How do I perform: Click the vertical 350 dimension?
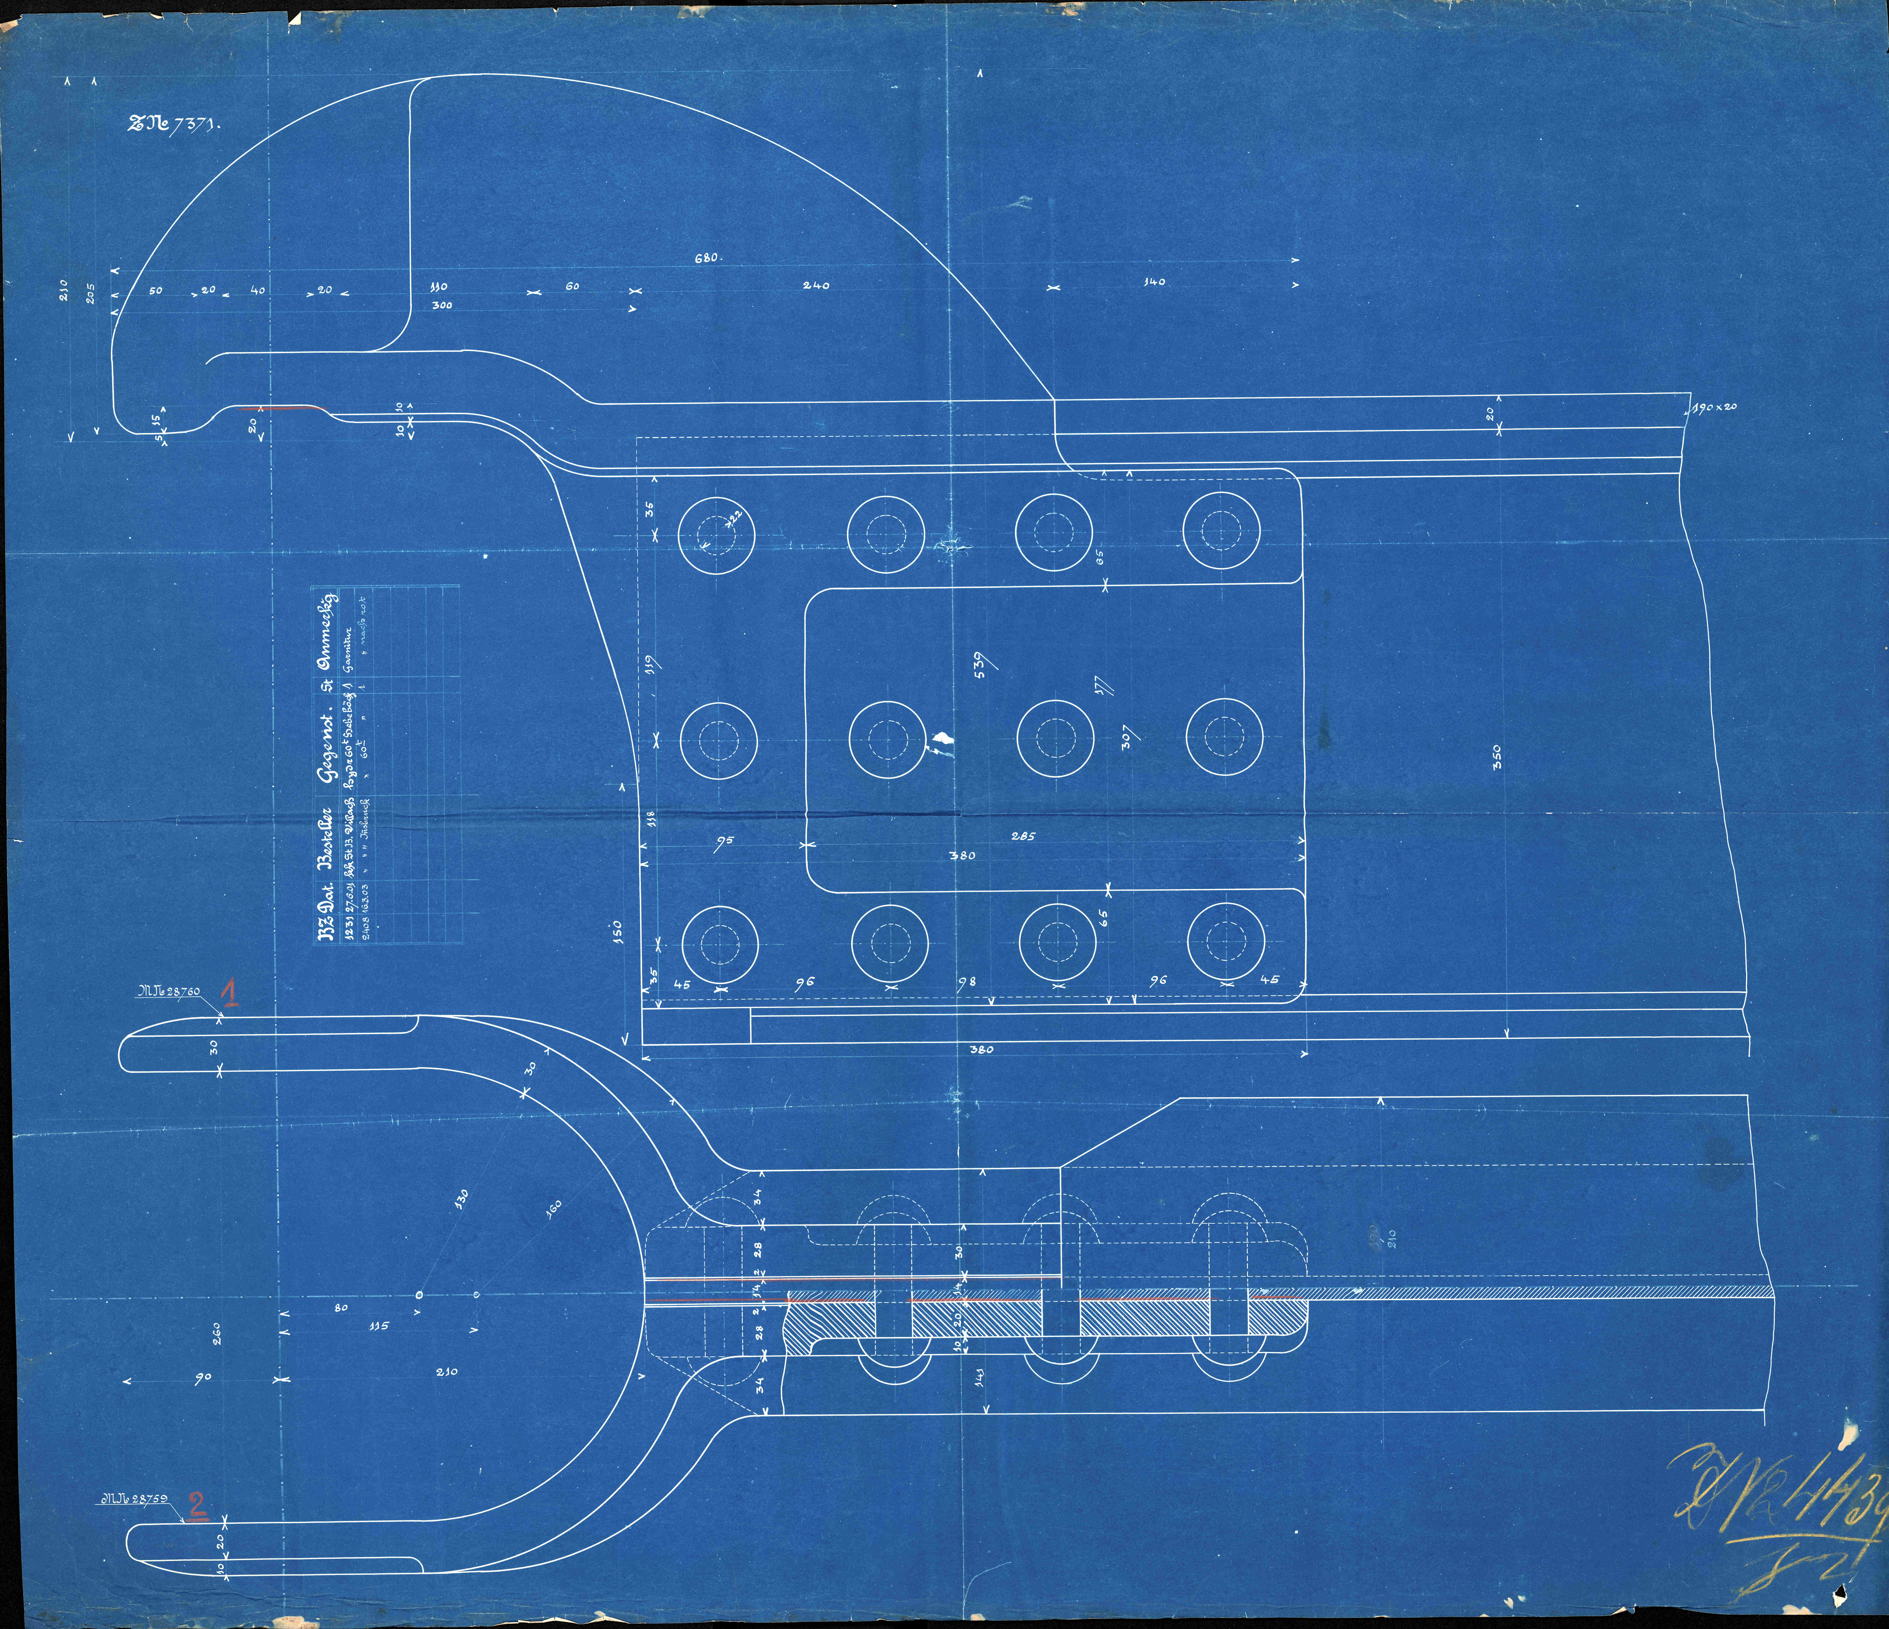click(x=1495, y=757)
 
